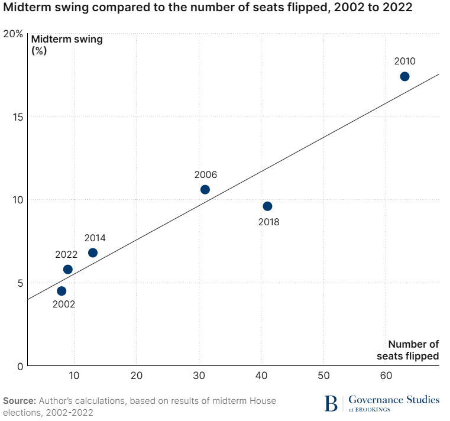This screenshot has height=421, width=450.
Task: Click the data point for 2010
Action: [x=404, y=76]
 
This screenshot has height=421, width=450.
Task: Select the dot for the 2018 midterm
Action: [x=267, y=206]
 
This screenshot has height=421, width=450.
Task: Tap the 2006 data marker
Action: [x=205, y=190]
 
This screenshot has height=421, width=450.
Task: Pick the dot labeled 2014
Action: [x=93, y=253]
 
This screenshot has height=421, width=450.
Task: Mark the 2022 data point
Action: [x=68, y=270]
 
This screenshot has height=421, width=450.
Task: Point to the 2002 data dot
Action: [x=61, y=291]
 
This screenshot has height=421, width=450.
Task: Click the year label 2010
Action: [x=405, y=61]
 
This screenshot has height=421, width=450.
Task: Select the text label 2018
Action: [x=268, y=222]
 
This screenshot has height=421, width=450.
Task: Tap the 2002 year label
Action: [x=64, y=305]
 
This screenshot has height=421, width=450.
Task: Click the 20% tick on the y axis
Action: [x=13, y=34]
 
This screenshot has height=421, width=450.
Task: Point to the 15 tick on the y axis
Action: [x=17, y=116]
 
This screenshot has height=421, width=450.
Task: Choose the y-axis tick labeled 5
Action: [x=20, y=283]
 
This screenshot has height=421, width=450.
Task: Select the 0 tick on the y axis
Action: [x=20, y=366]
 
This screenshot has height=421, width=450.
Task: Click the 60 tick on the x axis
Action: [x=386, y=375]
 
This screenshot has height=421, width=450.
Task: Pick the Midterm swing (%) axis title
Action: [x=66, y=45]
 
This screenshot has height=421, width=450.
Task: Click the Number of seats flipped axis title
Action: [x=409, y=350]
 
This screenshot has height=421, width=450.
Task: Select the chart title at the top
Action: [x=208, y=8]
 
